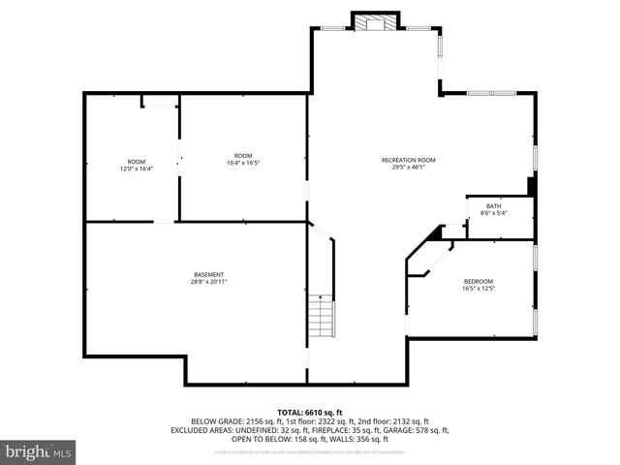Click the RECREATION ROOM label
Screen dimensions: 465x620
408,160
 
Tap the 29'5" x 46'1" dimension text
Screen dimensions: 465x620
408,167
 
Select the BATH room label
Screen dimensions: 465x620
493,205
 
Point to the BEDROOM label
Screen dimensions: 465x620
478,281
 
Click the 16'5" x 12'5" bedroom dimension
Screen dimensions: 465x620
478,288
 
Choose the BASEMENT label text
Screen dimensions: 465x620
208,274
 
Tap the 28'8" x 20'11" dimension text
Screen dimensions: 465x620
208,281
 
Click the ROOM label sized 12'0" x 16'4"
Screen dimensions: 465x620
136,161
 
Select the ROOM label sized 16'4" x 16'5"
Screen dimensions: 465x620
242,156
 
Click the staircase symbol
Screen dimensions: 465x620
321,316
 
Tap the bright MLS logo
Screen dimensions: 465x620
39,450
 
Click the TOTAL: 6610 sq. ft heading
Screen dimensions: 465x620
310,413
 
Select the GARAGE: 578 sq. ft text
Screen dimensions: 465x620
416,430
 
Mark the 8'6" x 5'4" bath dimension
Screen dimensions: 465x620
493,212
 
